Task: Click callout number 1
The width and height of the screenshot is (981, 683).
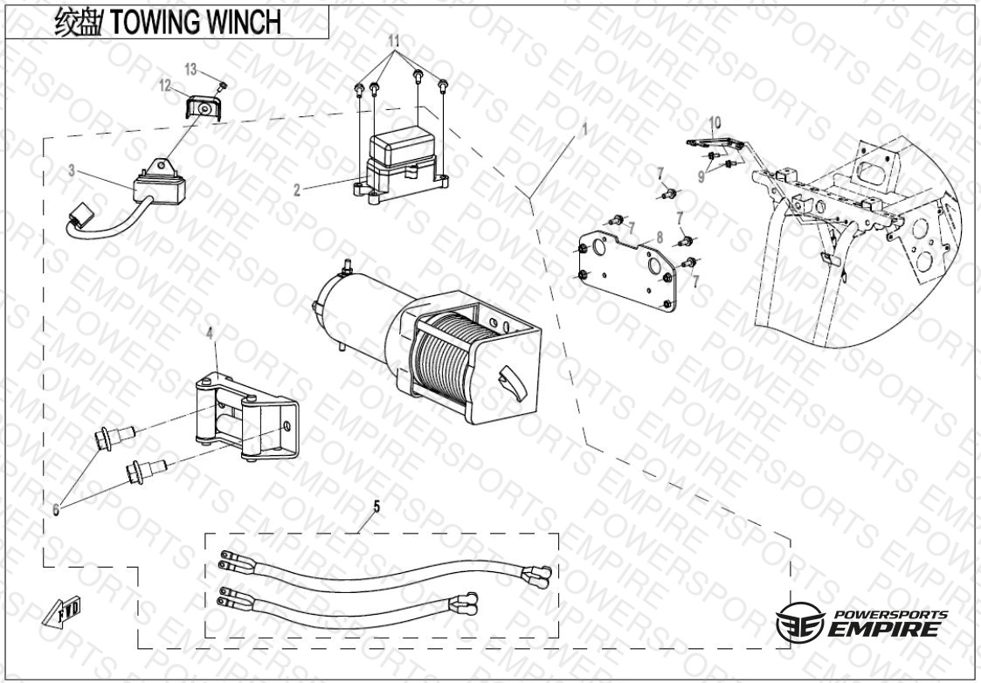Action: coord(584,128)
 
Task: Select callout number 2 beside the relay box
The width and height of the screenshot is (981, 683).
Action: coord(298,189)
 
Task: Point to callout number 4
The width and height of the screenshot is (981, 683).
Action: coord(210,333)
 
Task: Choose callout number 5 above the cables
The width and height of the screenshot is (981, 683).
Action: coord(377,506)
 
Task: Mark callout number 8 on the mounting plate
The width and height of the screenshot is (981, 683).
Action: coord(660,236)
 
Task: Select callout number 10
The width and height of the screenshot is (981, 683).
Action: coord(714,121)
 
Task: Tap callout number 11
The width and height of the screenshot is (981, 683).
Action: coord(394,41)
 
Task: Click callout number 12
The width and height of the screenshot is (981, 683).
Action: coord(164,85)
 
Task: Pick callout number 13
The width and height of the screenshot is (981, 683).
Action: coord(191,68)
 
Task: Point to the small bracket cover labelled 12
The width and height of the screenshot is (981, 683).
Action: coord(201,108)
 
